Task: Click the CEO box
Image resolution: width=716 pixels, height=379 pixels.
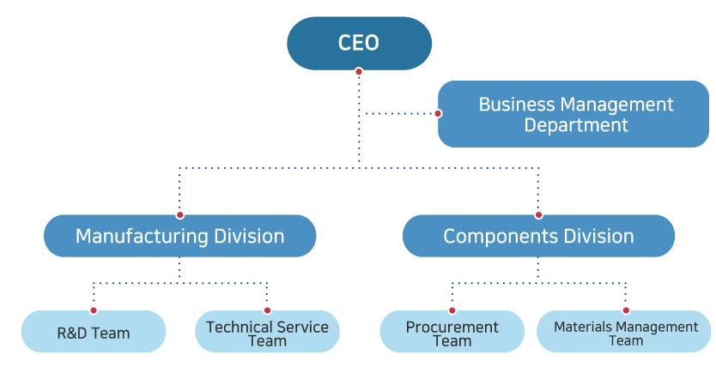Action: coord(359,43)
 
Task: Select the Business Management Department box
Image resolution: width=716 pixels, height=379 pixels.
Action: coord(573,114)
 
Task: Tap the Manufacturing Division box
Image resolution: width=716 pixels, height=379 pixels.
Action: coord(179,236)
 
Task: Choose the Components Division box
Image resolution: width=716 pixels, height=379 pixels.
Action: coord(538,236)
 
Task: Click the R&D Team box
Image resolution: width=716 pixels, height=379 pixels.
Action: coord(93,332)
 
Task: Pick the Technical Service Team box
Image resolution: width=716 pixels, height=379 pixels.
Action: coord(267,332)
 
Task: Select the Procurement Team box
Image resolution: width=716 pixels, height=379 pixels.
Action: coord(452,332)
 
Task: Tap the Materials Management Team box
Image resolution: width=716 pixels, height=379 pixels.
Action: coord(625,332)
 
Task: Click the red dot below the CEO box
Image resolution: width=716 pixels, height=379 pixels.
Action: coord(359,72)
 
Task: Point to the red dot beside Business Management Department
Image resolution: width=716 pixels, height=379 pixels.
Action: coord(438,113)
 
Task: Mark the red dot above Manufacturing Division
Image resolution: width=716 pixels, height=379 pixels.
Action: coord(179,214)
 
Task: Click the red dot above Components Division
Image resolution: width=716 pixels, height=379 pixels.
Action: coord(538,214)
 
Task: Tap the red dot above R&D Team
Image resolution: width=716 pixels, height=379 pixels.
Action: coord(93,310)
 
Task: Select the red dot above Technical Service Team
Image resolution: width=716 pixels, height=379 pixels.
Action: coord(267,310)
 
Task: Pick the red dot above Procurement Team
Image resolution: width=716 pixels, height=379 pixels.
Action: coord(452,310)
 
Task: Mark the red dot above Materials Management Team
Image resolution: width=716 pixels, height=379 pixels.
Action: coord(625,310)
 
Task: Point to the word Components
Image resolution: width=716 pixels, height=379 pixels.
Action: coord(491,236)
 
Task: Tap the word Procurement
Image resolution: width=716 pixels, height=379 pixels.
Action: coord(452,327)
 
